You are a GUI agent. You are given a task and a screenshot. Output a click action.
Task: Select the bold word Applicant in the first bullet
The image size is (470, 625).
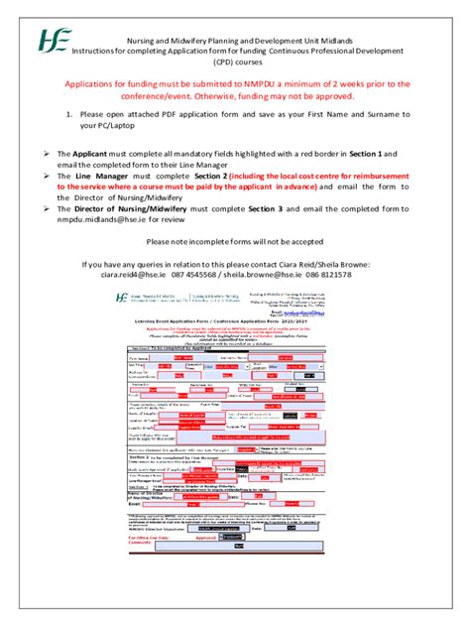(x=92, y=155)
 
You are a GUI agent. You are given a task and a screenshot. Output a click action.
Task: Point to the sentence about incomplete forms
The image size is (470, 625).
(x=235, y=241)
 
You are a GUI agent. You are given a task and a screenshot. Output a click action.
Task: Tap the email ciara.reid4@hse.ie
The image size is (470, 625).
(x=125, y=275)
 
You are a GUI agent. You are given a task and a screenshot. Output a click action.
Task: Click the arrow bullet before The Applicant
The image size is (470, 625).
(x=46, y=155)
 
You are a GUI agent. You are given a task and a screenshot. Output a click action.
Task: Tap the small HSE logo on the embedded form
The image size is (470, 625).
(x=122, y=297)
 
